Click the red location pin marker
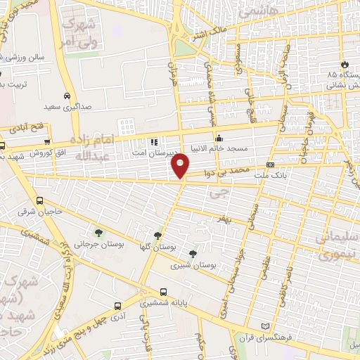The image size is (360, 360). point(181,165)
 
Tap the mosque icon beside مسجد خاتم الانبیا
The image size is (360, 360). point(219,137)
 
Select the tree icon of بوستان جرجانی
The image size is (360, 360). point(98,233)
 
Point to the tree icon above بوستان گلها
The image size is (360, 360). point(157,236)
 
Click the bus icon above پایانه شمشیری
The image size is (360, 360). point(163,290)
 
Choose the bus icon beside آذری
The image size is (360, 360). point(116,305)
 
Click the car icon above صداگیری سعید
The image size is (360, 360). point(67,96)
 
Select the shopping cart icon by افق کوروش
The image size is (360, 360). point(46,142)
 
